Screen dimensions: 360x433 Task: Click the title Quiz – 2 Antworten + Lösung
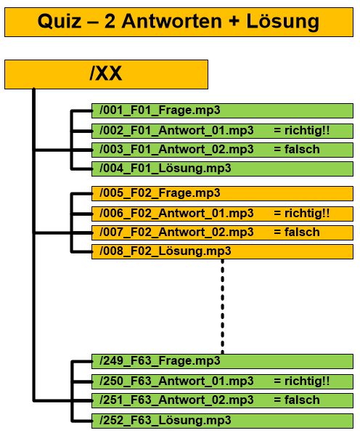tap(179, 21)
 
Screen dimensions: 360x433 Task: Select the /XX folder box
tap(106, 74)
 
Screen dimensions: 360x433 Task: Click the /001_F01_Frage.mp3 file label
tap(160, 110)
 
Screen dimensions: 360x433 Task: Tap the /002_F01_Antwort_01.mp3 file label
tap(176, 130)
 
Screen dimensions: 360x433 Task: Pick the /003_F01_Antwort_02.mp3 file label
tap(176, 150)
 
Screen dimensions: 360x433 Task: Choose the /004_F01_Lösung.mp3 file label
tap(165, 169)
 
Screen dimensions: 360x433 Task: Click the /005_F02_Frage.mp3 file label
tap(160, 193)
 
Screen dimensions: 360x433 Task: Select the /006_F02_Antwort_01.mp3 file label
tap(176, 213)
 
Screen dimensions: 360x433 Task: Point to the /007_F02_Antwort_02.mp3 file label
tap(176, 232)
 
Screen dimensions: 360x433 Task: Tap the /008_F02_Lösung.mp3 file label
tap(165, 251)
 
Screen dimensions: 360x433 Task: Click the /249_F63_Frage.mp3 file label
tap(160, 361)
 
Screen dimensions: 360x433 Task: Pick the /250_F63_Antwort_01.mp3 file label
tap(176, 381)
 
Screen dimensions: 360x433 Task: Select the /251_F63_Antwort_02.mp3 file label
tap(176, 400)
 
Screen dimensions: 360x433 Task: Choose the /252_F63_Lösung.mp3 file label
tap(165, 421)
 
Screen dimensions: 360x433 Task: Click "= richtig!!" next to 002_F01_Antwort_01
tap(302, 130)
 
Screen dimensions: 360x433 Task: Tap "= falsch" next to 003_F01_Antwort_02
tap(297, 150)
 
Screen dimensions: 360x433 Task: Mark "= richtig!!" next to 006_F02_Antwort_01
tap(302, 213)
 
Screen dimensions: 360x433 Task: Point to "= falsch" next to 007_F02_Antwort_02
tap(297, 232)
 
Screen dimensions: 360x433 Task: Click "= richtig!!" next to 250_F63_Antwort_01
tap(302, 381)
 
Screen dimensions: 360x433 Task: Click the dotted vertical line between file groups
tap(223, 307)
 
